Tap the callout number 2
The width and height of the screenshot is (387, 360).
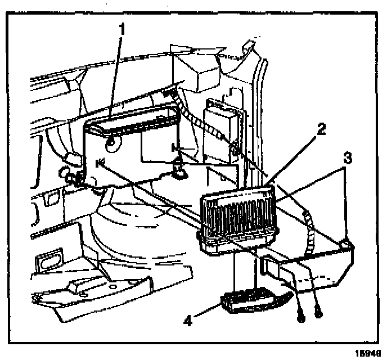pyautogui.click(x=319, y=129)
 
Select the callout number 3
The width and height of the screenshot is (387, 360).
pyautogui.click(x=348, y=159)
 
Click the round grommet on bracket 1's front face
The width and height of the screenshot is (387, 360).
pyautogui.click(x=111, y=143)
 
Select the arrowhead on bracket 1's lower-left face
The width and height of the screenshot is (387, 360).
pyautogui.click(x=100, y=163)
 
